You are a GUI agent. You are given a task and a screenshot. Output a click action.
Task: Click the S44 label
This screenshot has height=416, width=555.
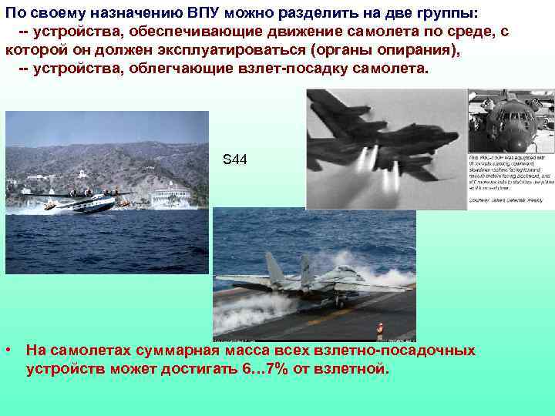click(x=234, y=159)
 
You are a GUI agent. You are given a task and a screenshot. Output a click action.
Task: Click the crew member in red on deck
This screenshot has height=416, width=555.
click(x=379, y=329)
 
